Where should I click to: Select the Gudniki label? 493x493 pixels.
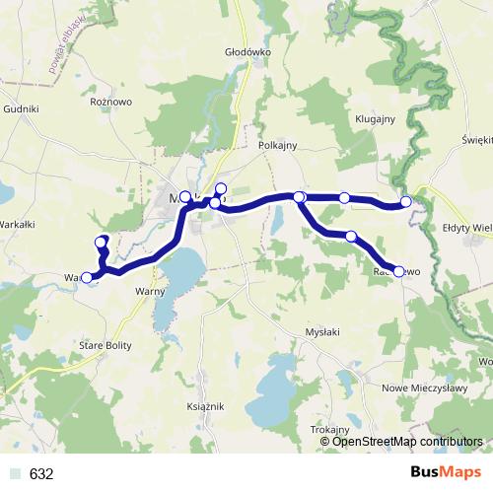[x=21, y=109]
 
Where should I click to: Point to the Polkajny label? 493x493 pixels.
[x=277, y=144]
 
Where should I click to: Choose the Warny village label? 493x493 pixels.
[x=150, y=292]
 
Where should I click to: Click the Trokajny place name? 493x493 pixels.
[x=329, y=430]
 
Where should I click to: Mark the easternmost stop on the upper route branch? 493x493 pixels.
[x=405, y=202]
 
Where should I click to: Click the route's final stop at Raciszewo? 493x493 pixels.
[x=399, y=271]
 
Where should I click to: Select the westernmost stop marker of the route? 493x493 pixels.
[x=86, y=278]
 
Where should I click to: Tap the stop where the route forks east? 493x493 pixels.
[x=300, y=197]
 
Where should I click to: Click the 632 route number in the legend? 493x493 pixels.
[x=41, y=474]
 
